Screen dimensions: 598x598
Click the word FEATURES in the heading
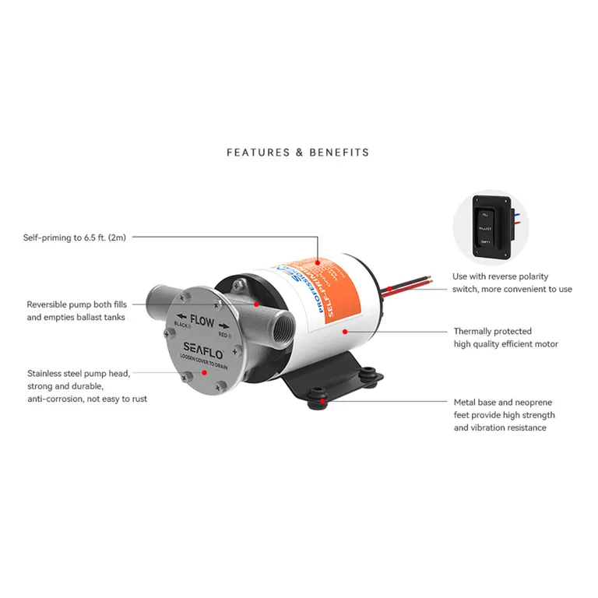257,152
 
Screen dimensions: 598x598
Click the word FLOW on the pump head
203,319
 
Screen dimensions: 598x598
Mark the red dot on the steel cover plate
204,372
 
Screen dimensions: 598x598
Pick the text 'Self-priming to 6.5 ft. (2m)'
74,237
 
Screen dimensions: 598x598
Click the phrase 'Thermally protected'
492,331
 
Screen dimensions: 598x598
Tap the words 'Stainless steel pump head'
79,373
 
